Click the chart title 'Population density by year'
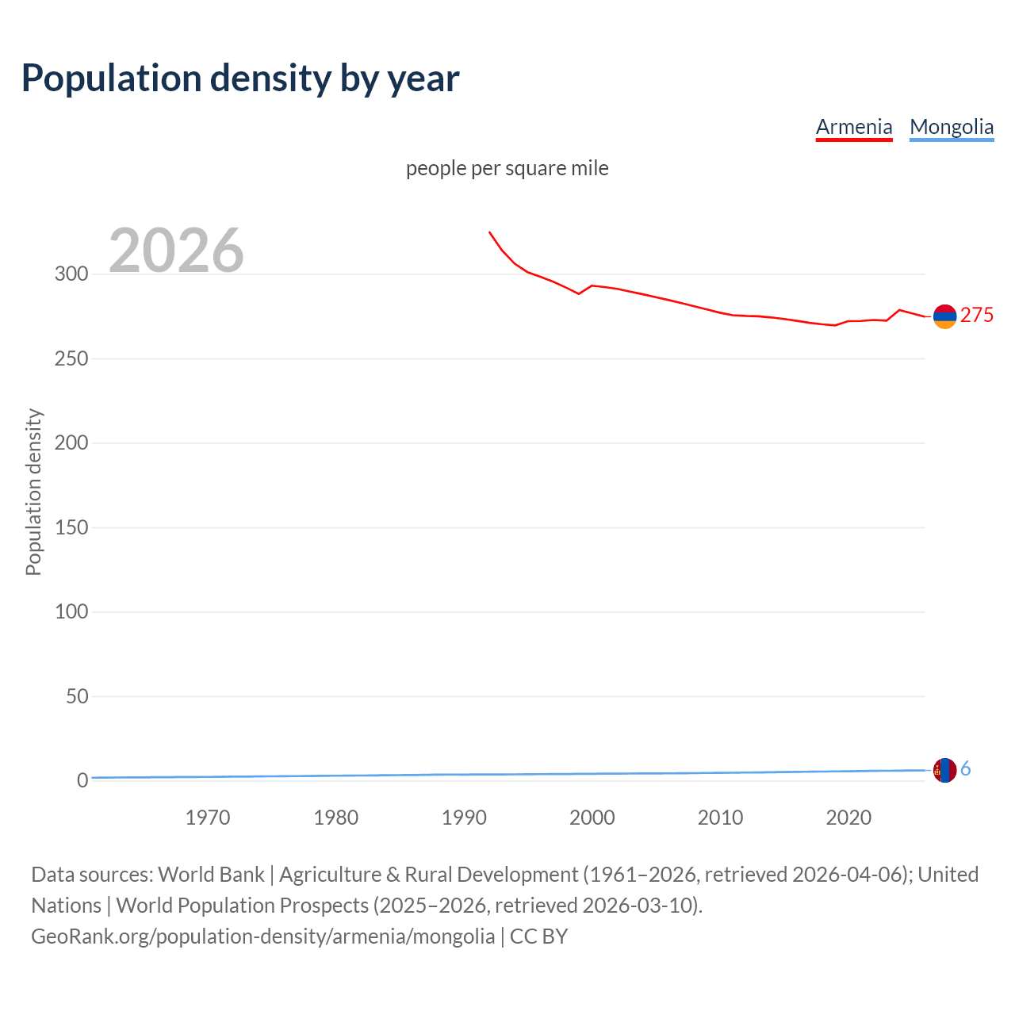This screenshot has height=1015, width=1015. [x=240, y=79]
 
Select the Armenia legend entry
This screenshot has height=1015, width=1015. [x=854, y=127]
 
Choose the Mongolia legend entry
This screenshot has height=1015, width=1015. [x=952, y=127]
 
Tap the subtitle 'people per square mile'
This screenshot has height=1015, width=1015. [x=507, y=169]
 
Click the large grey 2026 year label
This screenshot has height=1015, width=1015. [x=176, y=251]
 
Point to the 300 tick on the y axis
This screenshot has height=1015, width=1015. [x=71, y=274]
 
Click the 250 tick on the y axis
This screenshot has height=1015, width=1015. [x=71, y=358]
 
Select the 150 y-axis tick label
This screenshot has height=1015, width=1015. [x=71, y=527]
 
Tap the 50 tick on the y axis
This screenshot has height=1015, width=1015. [x=77, y=696]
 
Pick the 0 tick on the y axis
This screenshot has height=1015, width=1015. [x=82, y=780]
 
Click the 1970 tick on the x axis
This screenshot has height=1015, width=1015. [x=208, y=818]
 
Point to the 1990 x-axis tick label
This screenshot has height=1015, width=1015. [x=464, y=818]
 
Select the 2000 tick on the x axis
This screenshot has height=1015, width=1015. [x=592, y=818]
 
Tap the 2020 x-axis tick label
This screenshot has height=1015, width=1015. [x=848, y=818]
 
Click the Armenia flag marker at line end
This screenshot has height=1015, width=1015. [x=944, y=316]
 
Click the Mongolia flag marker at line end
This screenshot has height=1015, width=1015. [x=944, y=770]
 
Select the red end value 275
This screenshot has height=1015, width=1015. [x=977, y=316]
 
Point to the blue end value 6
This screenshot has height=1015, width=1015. [x=966, y=769]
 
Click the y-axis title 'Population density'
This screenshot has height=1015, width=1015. [x=33, y=492]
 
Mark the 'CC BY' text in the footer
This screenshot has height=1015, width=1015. [x=538, y=936]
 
